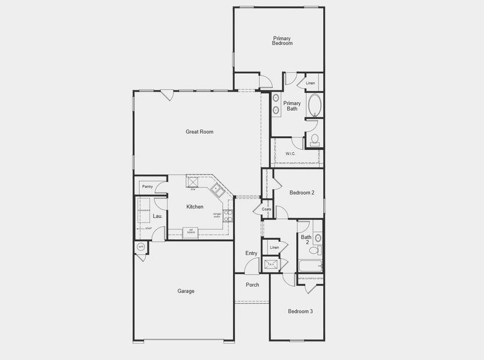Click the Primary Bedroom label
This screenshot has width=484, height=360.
click(282, 41)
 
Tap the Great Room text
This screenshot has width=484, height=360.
click(199, 132)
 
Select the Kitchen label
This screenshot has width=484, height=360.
click(195, 207)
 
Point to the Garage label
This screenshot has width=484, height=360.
click(186, 292)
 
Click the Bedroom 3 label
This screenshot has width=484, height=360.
click(300, 311)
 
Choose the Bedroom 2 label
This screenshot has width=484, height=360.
click(302, 193)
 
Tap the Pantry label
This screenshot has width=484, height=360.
click(147, 187)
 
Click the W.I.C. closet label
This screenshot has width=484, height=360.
click(291, 154)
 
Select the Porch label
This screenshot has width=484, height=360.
click(252, 285)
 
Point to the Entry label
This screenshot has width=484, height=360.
click(251, 254)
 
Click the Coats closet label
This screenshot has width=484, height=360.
click(266, 209)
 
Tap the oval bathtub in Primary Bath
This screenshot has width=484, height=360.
click(315, 106)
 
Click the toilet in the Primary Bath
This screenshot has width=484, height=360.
click(315, 140)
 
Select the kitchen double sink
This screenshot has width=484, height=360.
click(217, 190)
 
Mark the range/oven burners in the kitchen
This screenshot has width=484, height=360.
click(228, 215)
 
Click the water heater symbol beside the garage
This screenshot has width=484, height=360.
click(141, 247)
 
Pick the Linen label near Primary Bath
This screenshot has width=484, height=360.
click(310, 83)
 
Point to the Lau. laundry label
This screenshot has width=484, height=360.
click(157, 216)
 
